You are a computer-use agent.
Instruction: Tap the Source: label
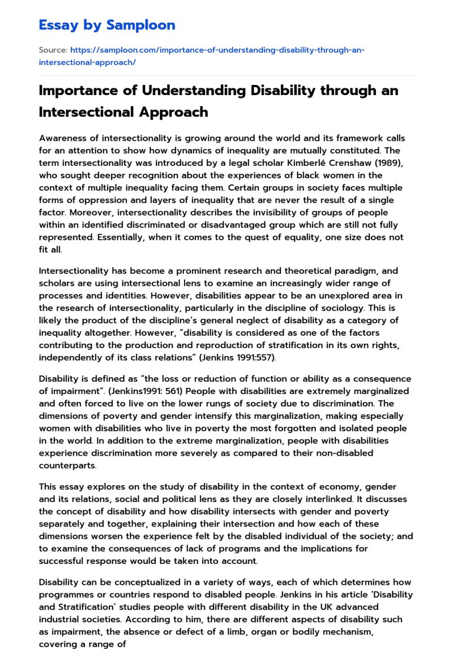point(52,50)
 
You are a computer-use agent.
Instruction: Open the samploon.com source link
point(202,55)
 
